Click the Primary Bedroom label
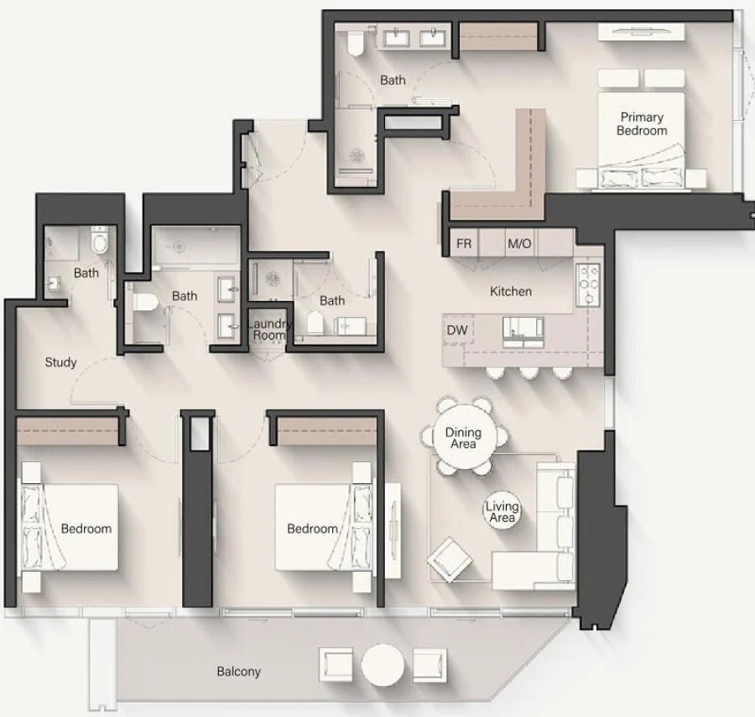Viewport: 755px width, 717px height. (x=642, y=124)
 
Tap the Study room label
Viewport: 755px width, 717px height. (x=60, y=362)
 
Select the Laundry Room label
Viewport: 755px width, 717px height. (x=270, y=330)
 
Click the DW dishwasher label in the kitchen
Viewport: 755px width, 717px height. (x=456, y=330)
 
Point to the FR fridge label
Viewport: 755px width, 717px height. (x=463, y=244)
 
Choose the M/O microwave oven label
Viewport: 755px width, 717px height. (x=519, y=244)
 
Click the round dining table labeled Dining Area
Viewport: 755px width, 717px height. (x=463, y=438)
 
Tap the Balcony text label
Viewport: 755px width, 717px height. (x=238, y=672)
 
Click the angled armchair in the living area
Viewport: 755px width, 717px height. (x=449, y=558)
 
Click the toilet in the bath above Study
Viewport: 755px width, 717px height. (x=100, y=242)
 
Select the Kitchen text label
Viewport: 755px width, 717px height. (x=510, y=292)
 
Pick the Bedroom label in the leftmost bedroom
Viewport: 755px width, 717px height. (x=86, y=528)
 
